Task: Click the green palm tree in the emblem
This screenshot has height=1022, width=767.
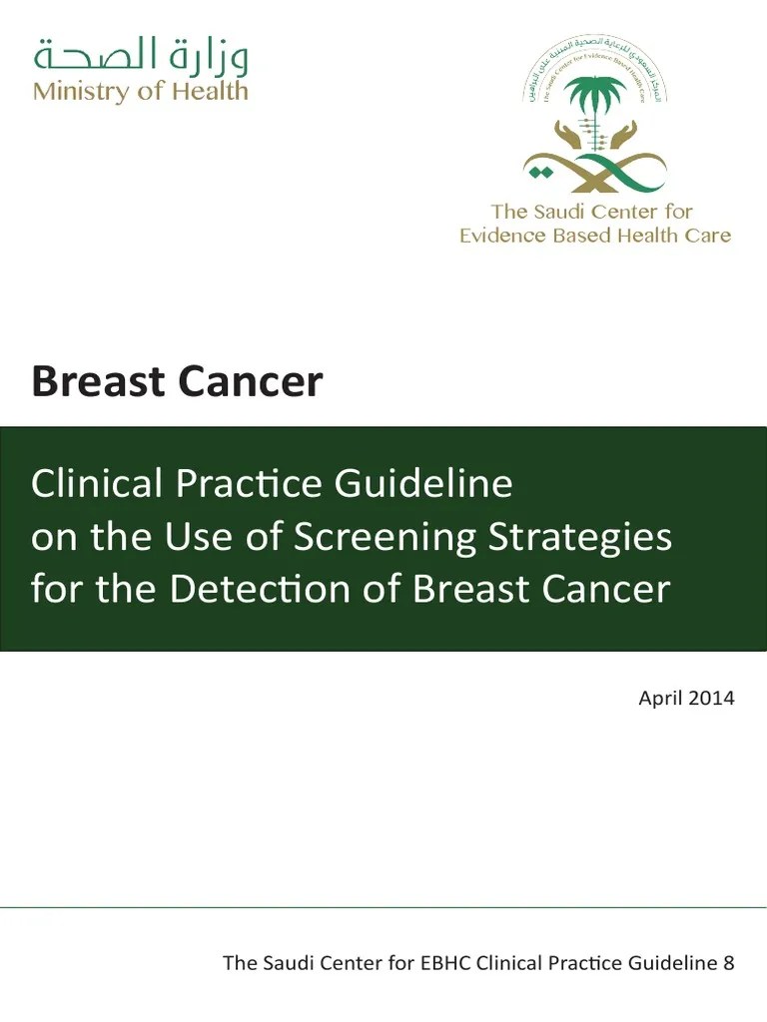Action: point(595,100)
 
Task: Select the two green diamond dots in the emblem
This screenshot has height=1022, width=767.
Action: point(540,173)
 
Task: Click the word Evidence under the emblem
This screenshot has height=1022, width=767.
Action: point(502,237)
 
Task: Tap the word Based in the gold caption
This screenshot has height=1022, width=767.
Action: point(583,237)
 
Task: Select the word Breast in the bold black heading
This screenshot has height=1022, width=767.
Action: point(93,382)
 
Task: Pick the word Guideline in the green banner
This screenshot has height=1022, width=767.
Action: point(423,484)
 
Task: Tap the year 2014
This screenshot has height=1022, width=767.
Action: point(712,699)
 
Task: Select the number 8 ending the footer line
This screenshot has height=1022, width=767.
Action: point(728,964)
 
